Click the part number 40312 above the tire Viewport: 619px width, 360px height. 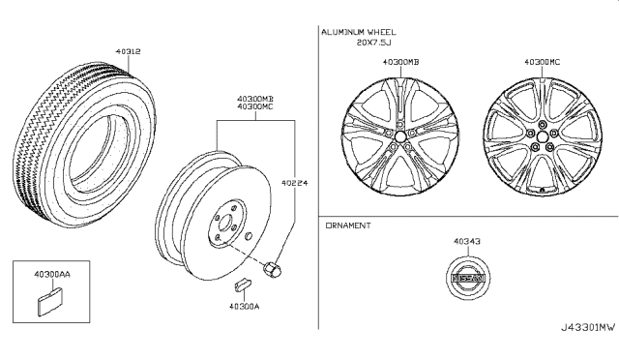point(128,51)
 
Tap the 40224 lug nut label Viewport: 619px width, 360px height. point(294,183)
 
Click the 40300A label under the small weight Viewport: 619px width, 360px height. point(245,306)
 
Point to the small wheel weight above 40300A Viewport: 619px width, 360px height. point(243,285)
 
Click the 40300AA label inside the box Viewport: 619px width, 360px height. point(51,274)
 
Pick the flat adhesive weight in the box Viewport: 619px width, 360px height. point(49,302)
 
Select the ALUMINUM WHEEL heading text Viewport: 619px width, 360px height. point(359,32)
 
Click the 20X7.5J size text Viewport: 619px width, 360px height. point(374,43)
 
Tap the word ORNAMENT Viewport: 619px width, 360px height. point(348,225)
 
